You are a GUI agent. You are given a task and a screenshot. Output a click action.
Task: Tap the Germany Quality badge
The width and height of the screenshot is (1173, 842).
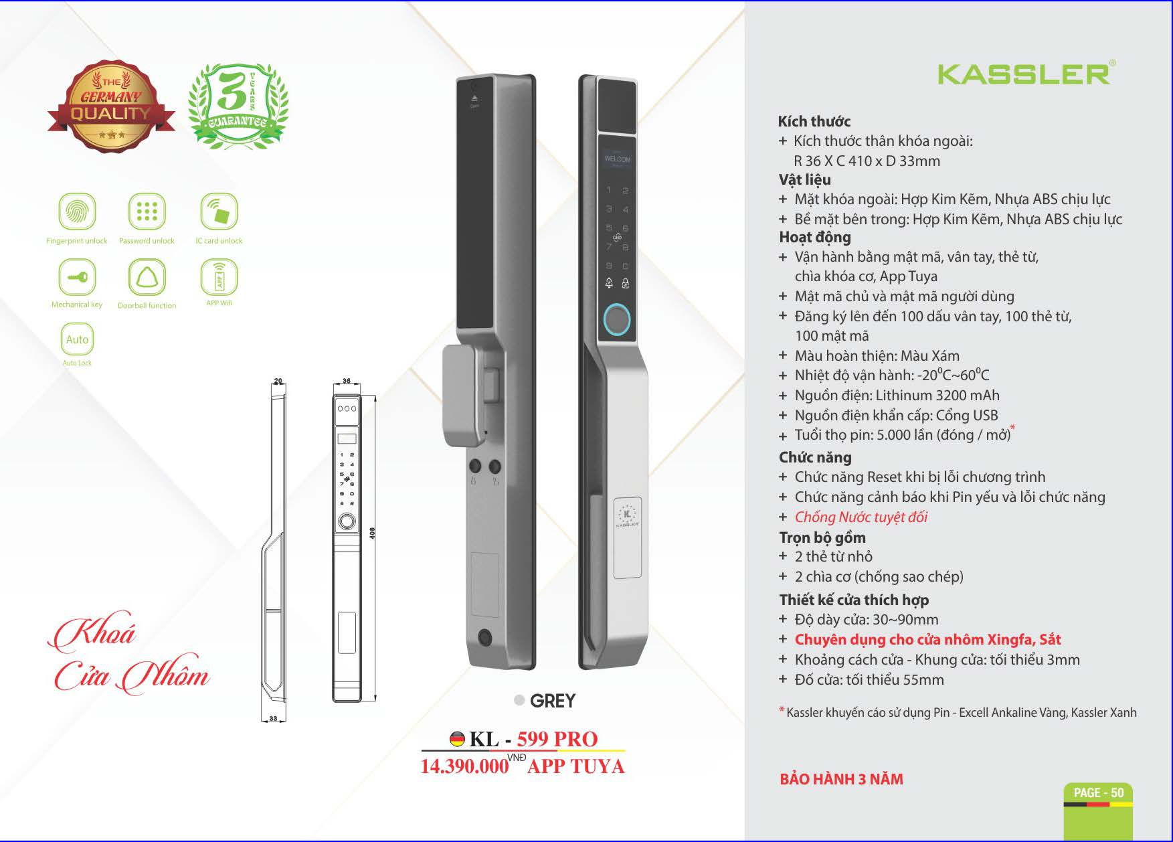click(111, 106)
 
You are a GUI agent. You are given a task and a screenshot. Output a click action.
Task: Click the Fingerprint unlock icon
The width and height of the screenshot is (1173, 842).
click(77, 212)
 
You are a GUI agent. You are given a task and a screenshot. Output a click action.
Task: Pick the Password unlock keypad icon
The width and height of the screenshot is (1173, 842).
click(147, 212)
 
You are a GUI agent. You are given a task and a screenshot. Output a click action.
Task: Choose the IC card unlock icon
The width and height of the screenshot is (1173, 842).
click(219, 212)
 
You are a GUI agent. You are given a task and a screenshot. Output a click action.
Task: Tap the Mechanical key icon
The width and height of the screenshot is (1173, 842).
click(77, 276)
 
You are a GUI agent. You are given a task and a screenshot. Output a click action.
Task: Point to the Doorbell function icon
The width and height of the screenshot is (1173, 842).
click(147, 276)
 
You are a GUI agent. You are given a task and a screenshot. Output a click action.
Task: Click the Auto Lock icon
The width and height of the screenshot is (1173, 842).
click(77, 339)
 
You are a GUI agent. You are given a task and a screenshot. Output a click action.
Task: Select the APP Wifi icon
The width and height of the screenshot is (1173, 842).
click(219, 276)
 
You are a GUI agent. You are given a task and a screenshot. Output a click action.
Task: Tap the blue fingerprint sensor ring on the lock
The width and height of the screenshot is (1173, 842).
click(617, 321)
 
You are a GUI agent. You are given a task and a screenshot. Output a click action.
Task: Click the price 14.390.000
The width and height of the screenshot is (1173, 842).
click(464, 766)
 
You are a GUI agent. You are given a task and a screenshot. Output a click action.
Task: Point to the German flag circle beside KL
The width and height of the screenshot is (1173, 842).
click(457, 739)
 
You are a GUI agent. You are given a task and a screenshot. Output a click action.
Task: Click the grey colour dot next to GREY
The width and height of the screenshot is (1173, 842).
click(519, 700)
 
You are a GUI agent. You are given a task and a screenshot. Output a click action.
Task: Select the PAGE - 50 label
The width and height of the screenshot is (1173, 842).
click(1099, 793)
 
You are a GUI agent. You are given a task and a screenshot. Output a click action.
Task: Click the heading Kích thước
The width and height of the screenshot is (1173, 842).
click(814, 122)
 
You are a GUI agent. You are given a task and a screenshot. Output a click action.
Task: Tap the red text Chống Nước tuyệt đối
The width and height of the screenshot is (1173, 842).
click(861, 517)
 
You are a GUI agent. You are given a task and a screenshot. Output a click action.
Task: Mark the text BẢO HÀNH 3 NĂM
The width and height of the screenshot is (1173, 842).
click(841, 779)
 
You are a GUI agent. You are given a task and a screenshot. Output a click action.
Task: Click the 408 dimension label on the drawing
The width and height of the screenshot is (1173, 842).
click(372, 533)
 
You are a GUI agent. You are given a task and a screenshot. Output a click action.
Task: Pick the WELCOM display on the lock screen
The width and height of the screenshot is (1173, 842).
click(617, 159)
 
